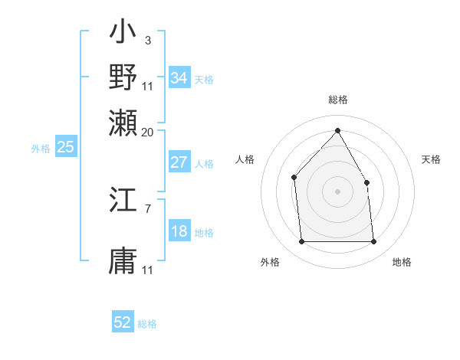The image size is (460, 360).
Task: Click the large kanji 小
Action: pos(123,34)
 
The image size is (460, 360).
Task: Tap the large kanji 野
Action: pos(123,77)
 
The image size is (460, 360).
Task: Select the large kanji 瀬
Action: pos(123,122)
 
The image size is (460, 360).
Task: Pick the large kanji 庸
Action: pos(123,261)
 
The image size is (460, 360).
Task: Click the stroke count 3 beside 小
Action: pos(147,40)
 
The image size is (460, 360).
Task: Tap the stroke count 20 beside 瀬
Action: pos(148,132)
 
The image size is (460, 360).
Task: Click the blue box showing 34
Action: pos(179,78)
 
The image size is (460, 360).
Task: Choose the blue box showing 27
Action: pos(179,162)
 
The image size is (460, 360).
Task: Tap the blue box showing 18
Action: pos(179,232)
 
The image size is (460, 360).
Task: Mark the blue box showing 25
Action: pos(65,147)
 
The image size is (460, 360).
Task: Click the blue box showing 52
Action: pos(123,322)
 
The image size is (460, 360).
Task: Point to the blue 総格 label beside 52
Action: pos(147,324)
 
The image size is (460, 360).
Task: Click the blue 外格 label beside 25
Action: pos(40,149)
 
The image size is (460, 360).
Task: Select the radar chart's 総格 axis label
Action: pos(337,100)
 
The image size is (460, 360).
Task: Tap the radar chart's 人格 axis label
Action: pos(245,159)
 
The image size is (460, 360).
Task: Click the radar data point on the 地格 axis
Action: pos(373,242)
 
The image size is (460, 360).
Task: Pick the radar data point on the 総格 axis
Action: pos(337,131)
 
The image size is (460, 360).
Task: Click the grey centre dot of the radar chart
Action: pos(337,191)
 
